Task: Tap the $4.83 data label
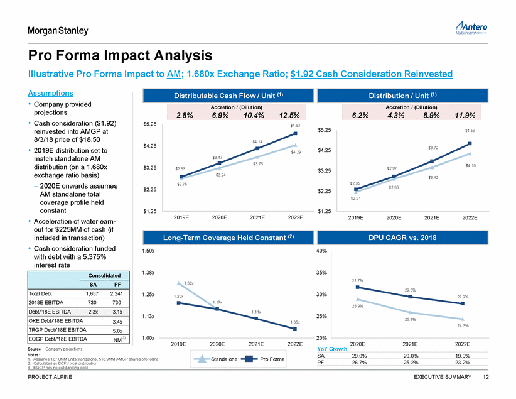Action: point(295,126)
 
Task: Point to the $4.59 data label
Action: point(470,130)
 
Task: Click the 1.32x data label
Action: point(189,284)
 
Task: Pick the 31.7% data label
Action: point(358,280)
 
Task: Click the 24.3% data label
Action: point(463,325)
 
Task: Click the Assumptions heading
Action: point(50,92)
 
